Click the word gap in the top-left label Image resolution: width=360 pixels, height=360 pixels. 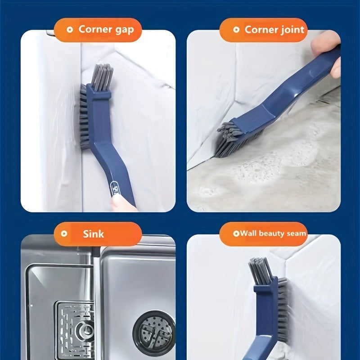click(125, 30)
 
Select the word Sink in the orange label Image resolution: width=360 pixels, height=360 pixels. click(93, 234)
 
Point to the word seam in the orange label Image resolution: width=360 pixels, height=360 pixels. click(297, 234)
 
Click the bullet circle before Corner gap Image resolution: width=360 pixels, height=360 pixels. click(70, 30)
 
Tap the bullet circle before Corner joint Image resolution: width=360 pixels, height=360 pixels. click(236, 30)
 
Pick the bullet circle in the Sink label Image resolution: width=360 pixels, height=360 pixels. click(64, 234)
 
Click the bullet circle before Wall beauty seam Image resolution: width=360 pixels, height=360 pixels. click(236, 234)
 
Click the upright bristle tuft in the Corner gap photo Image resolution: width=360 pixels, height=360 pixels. click(102, 77)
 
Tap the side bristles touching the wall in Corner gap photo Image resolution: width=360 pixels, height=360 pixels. click(84, 117)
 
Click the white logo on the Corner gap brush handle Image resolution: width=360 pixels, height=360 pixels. click(114, 188)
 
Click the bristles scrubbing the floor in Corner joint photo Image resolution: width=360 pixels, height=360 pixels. click(237, 141)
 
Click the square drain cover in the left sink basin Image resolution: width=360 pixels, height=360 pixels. click(75, 331)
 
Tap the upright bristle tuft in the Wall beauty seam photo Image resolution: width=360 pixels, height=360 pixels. click(260, 270)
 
